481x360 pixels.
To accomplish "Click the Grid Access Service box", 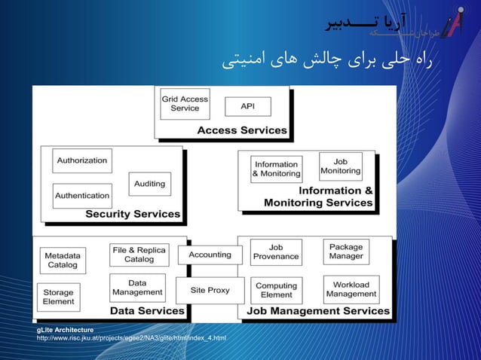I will pos(185,103).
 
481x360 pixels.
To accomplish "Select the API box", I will pos(247,106).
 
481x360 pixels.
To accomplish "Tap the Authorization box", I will pos(82,160).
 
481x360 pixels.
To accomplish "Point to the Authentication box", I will pos(82,196).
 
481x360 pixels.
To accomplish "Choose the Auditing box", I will pos(149,184).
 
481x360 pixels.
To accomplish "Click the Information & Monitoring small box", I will pos(277,169).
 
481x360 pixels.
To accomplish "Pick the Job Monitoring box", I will pos(340,166).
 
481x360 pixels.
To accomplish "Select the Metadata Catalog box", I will pos(63,260).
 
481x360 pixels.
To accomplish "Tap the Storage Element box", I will pos(58,297).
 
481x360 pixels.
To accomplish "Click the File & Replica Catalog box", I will pos(139,255).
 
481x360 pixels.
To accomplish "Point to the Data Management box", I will pos(137,288).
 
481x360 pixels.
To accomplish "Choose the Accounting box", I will pos(210,255).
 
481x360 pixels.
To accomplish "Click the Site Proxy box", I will pos(209,289).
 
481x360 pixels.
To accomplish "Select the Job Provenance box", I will pos(276,252).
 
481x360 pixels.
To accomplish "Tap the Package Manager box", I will pos(346,252).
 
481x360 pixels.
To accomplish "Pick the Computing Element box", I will pos(276,290).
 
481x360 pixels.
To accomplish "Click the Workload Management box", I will pos(351,289).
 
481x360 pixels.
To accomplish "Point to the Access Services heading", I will pos(242,130).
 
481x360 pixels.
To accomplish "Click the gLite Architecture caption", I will pos(66,330).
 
